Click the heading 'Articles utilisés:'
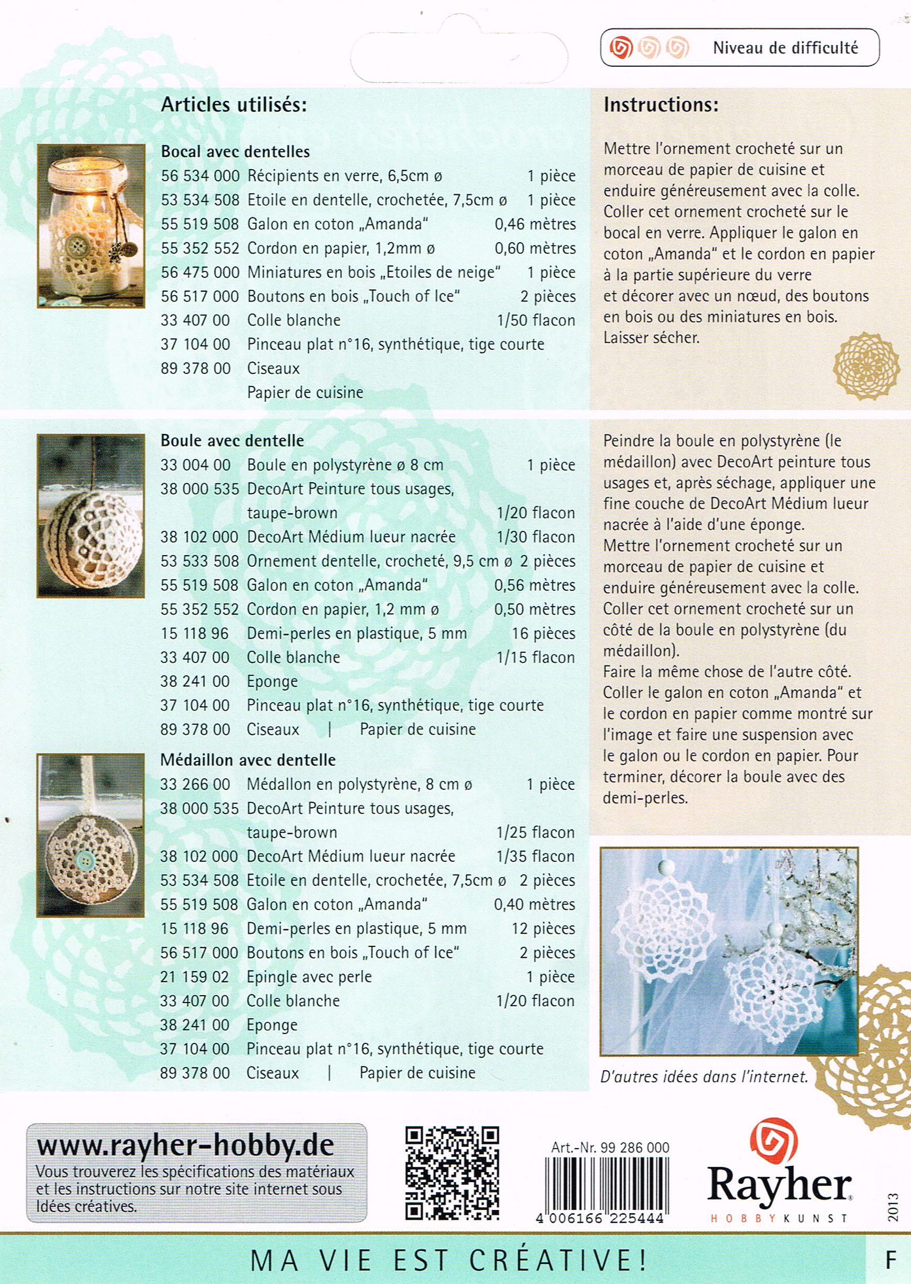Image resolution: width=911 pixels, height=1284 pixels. tap(234, 106)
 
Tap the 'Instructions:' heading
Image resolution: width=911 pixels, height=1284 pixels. tap(661, 106)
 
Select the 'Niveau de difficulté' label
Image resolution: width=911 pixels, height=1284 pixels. tap(785, 48)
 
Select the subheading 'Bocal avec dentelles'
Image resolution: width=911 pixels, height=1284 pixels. tap(235, 151)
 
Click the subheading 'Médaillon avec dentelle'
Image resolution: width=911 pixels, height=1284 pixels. tap(248, 760)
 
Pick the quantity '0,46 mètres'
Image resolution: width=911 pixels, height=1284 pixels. tap(535, 224)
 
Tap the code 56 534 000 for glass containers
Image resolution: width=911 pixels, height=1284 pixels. tap(200, 176)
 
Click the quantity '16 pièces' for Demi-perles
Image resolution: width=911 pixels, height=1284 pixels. tap(543, 634)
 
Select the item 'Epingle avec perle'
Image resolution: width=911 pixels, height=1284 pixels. tap(309, 977)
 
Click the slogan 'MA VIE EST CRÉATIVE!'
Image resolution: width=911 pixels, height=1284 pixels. tap(449, 1259)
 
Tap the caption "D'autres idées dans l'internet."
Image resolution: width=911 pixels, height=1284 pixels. tap(704, 1077)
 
